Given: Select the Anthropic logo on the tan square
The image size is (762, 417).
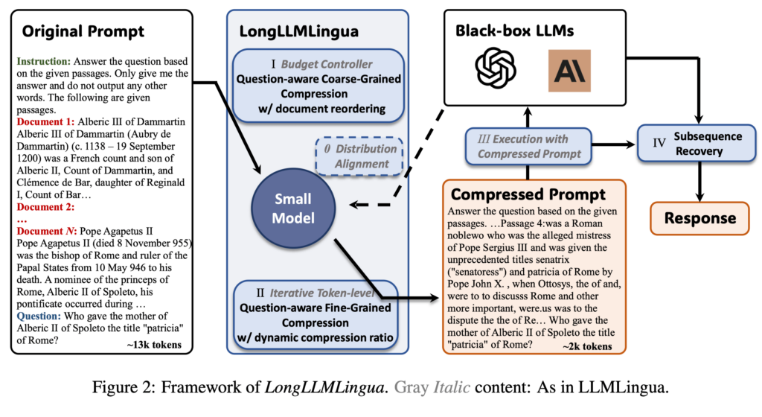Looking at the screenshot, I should (569, 71).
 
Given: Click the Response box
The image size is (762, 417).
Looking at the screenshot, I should (699, 218).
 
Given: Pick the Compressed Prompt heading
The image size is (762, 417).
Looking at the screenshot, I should (528, 195).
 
